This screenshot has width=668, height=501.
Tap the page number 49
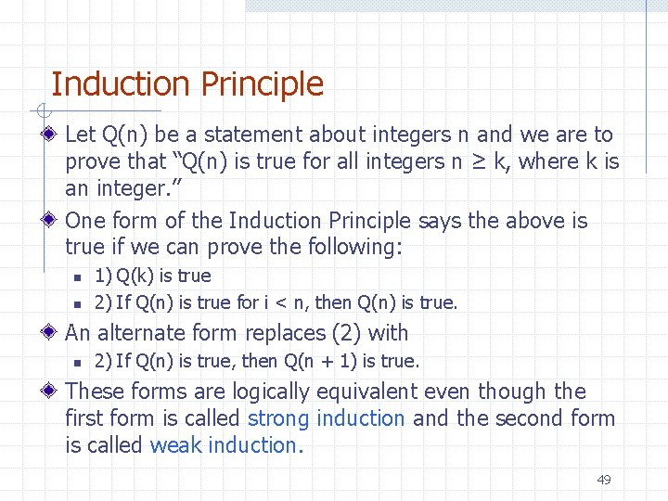[604, 480]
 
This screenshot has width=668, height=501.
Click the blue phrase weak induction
[223, 445]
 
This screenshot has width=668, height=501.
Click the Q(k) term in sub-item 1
[136, 276]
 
